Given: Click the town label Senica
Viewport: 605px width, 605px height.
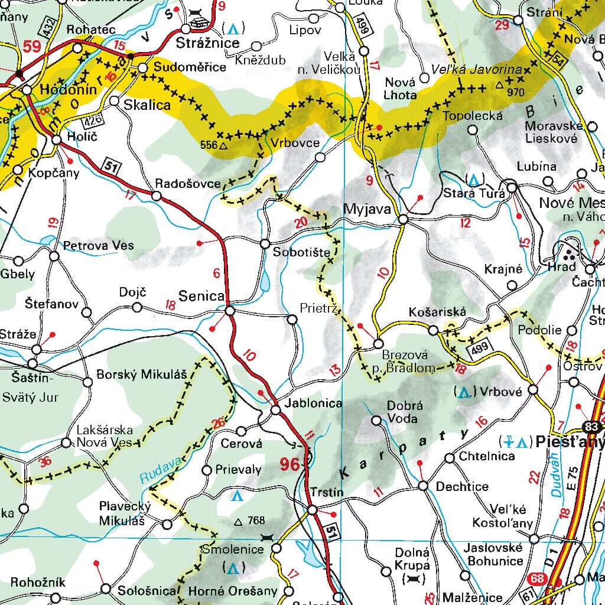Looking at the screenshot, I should tap(202, 295).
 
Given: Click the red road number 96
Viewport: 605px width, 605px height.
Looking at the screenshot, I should tap(290, 464).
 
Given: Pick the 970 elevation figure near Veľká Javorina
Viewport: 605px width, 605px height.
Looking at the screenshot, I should tap(516, 92).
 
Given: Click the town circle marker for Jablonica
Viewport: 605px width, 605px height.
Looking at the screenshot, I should tap(275, 410).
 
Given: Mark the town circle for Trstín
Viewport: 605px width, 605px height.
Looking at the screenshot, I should tap(311, 510).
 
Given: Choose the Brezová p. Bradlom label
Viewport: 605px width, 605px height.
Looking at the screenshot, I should tap(408, 362).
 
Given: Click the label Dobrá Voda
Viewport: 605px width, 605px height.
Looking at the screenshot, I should tap(402, 412).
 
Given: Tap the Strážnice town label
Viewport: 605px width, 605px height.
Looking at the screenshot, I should tap(209, 43).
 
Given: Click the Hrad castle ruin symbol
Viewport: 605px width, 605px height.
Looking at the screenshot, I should tap(570, 255).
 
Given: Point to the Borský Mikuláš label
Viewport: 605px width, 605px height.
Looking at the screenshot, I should tap(141, 374).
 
